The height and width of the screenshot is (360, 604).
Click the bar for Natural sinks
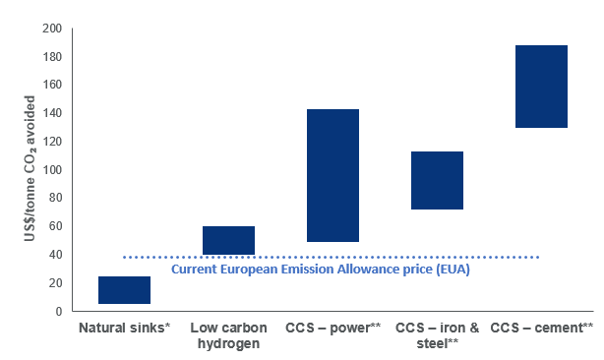tap(124, 290)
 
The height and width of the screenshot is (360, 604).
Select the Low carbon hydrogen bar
tap(228, 241)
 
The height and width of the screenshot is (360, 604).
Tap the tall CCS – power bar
tap(332, 175)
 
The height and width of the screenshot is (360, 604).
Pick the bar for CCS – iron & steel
tap(437, 180)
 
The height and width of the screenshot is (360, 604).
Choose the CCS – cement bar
tap(541, 87)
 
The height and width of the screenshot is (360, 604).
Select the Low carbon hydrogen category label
tap(228, 335)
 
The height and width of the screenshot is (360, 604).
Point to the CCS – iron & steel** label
tap(437, 335)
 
